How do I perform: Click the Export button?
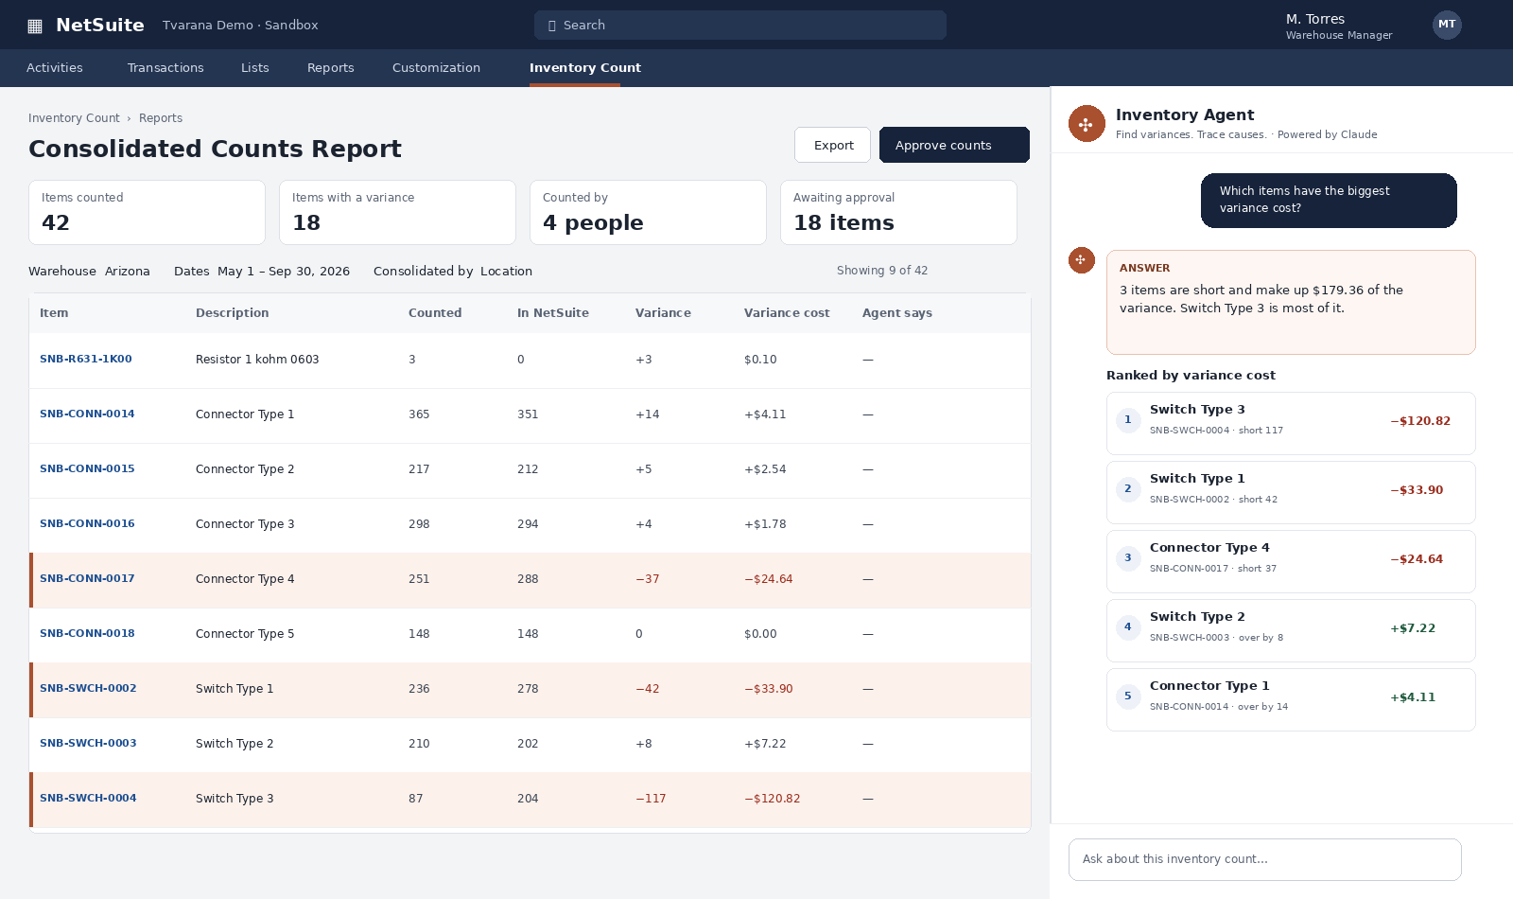click(832, 145)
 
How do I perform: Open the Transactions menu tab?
click(165, 67)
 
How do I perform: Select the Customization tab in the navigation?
click(436, 67)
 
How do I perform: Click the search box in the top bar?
click(739, 25)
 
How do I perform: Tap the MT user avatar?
click(1447, 25)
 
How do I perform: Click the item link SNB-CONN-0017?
click(87, 578)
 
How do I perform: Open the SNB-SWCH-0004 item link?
click(88, 798)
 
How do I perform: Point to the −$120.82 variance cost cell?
click(772, 799)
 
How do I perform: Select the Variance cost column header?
click(787, 313)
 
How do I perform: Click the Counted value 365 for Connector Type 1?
click(419, 414)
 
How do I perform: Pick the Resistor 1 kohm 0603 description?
click(257, 360)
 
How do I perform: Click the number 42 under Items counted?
click(56, 222)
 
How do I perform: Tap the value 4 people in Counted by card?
click(593, 222)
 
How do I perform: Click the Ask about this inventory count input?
click(1264, 859)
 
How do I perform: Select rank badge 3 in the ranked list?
click(1127, 558)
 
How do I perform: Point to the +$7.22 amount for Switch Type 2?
click(1413, 628)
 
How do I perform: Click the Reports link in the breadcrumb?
click(161, 117)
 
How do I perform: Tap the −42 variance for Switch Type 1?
click(647, 689)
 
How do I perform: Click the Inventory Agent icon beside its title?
click(1087, 124)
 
